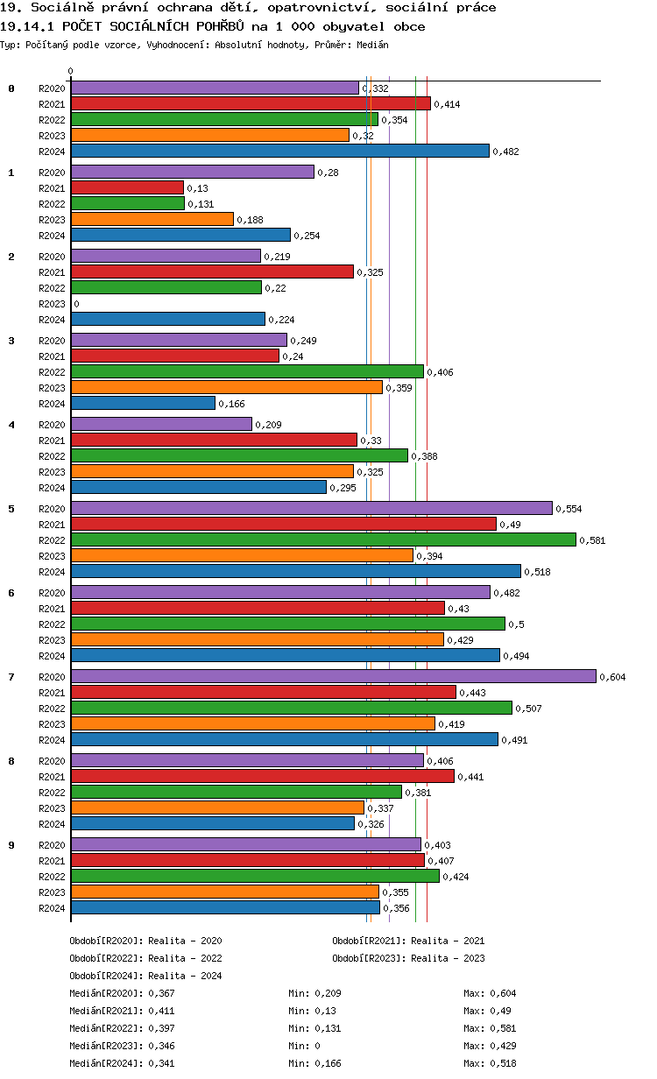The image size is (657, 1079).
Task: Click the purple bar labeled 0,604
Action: pyautogui.click(x=333, y=676)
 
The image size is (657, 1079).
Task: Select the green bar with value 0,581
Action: pyautogui.click(x=323, y=539)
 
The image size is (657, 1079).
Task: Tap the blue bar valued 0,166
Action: pyautogui.click(x=143, y=403)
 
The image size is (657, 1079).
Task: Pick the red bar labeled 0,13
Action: pyautogui.click(x=127, y=187)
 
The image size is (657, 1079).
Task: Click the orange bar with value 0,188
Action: pyautogui.click(x=152, y=219)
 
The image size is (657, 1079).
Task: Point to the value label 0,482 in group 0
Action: pyautogui.click(x=506, y=152)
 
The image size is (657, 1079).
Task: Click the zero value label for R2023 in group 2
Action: pyautogui.click(x=76, y=304)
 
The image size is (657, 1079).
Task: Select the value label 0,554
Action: pyautogui.click(x=569, y=509)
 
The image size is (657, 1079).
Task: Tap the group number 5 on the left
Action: pyautogui.click(x=11, y=508)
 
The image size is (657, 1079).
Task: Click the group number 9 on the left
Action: pyautogui.click(x=11, y=844)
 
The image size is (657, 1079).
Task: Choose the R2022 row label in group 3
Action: pyautogui.click(x=52, y=372)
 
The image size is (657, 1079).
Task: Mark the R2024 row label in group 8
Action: pyautogui.click(x=52, y=824)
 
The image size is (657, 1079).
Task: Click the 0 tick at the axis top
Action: pyautogui.click(x=71, y=72)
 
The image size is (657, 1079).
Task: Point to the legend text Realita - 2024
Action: pyautogui.click(x=185, y=976)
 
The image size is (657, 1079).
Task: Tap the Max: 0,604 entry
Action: pyautogui.click(x=490, y=993)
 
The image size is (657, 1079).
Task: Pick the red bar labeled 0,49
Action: pyautogui.click(x=283, y=524)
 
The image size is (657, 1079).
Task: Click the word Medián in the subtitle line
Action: pyautogui.click(x=372, y=44)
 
